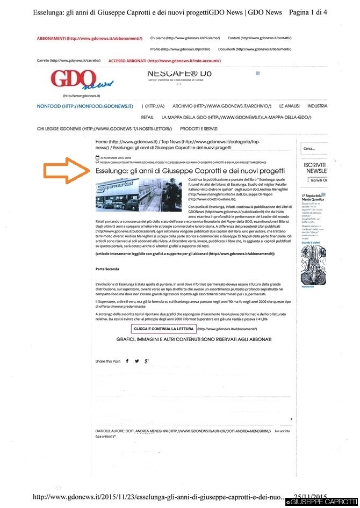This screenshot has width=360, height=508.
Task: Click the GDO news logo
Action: (82, 81)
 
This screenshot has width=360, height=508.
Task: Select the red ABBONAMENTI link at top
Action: (89, 39)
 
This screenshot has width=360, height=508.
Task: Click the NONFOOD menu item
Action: (85, 106)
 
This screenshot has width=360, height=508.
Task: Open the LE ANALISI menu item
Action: (289, 106)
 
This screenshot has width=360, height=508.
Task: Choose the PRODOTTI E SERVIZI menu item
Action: (199, 129)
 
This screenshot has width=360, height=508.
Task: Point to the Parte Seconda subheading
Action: (107, 268)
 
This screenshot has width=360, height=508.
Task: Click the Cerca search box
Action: (314, 148)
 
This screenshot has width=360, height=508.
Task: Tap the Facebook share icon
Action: (127, 361)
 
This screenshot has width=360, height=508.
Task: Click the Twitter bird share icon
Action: (136, 361)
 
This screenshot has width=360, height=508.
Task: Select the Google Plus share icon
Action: (146, 361)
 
